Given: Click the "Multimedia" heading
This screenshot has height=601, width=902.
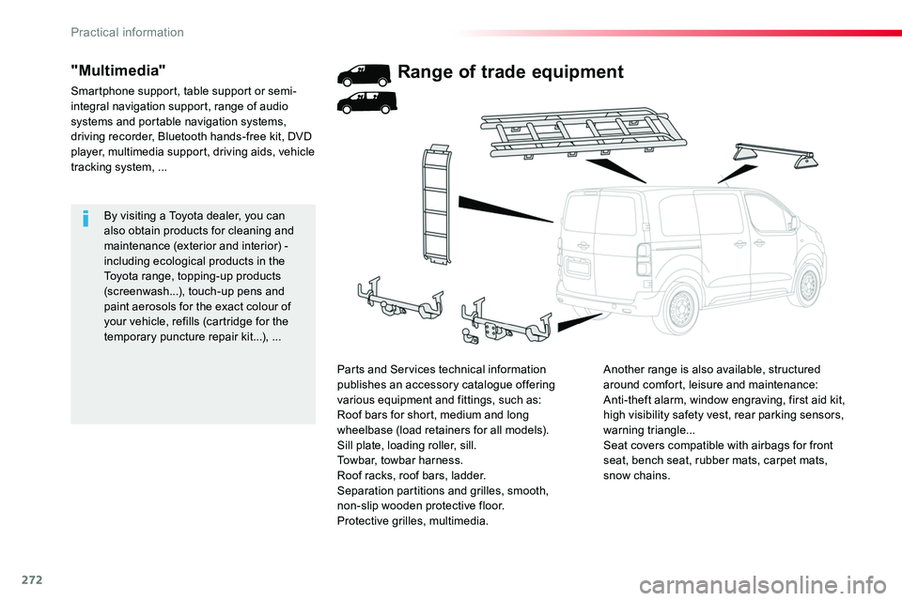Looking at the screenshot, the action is point(118,70).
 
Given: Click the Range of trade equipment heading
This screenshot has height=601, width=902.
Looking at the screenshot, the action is point(510,72).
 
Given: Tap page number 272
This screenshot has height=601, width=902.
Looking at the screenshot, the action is point(32,580).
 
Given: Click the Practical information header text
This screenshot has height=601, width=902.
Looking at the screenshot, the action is point(127,32).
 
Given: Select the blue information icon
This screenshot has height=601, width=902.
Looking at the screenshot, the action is point(86,219).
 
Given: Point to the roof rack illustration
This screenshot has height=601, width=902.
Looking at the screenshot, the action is point(583,132).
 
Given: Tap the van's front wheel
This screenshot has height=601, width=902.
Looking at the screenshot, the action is point(806,285).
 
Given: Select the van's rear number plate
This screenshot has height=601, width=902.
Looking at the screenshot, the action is point(578,268).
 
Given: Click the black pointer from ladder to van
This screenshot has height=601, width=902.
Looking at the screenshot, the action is point(505,209).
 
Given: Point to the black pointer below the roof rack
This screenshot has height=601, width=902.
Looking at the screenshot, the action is point(615,170).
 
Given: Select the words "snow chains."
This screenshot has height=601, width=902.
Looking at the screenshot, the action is point(637,475).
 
